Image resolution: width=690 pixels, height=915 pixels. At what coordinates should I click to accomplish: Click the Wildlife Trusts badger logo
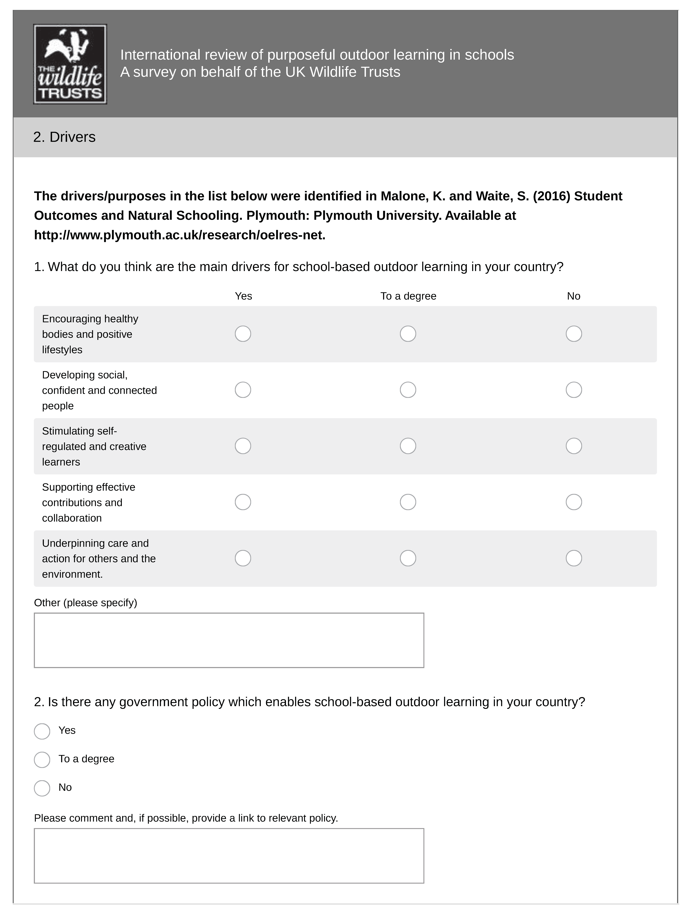(x=70, y=64)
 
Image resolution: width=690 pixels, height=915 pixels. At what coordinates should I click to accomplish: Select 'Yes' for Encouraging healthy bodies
(x=243, y=334)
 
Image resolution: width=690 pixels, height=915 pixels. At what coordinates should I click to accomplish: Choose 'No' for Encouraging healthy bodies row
(x=574, y=334)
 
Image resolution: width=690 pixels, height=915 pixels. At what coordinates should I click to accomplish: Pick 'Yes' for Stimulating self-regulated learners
(x=243, y=446)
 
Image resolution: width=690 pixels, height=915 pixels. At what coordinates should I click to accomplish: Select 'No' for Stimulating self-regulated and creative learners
(x=574, y=446)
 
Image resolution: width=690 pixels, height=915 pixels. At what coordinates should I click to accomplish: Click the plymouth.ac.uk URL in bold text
(x=179, y=235)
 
